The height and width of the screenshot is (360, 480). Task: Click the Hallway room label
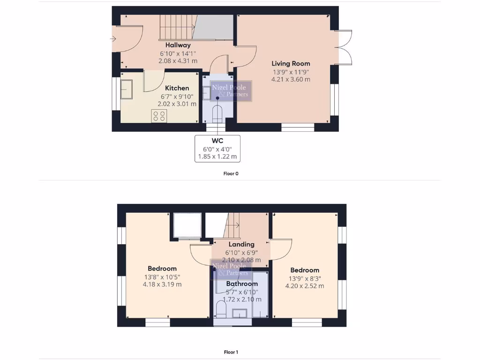pos(178,45)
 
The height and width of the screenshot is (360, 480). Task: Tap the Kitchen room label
pos(177,88)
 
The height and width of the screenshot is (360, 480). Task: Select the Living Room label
pos(291,63)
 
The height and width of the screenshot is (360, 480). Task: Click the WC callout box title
pos(217,141)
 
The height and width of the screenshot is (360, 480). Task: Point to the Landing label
pos(241,244)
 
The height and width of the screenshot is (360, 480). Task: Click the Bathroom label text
pos(242,284)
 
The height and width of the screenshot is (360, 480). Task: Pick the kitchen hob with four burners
pos(159,115)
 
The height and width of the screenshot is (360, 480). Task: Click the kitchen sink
pos(127,89)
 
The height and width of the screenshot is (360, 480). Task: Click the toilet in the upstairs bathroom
pos(221,309)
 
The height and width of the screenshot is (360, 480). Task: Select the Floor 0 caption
pos(231,173)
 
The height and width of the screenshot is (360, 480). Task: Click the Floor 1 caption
pos(231,352)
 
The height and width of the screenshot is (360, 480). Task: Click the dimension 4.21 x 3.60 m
pos(291,79)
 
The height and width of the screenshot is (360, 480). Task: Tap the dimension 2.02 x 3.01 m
pos(177,104)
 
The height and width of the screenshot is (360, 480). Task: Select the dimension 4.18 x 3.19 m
pos(162,284)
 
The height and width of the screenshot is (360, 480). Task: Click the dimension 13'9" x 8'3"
pos(305,278)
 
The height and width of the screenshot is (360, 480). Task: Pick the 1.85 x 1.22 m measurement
pos(217,157)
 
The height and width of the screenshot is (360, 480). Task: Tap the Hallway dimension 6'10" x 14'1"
pos(178,53)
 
